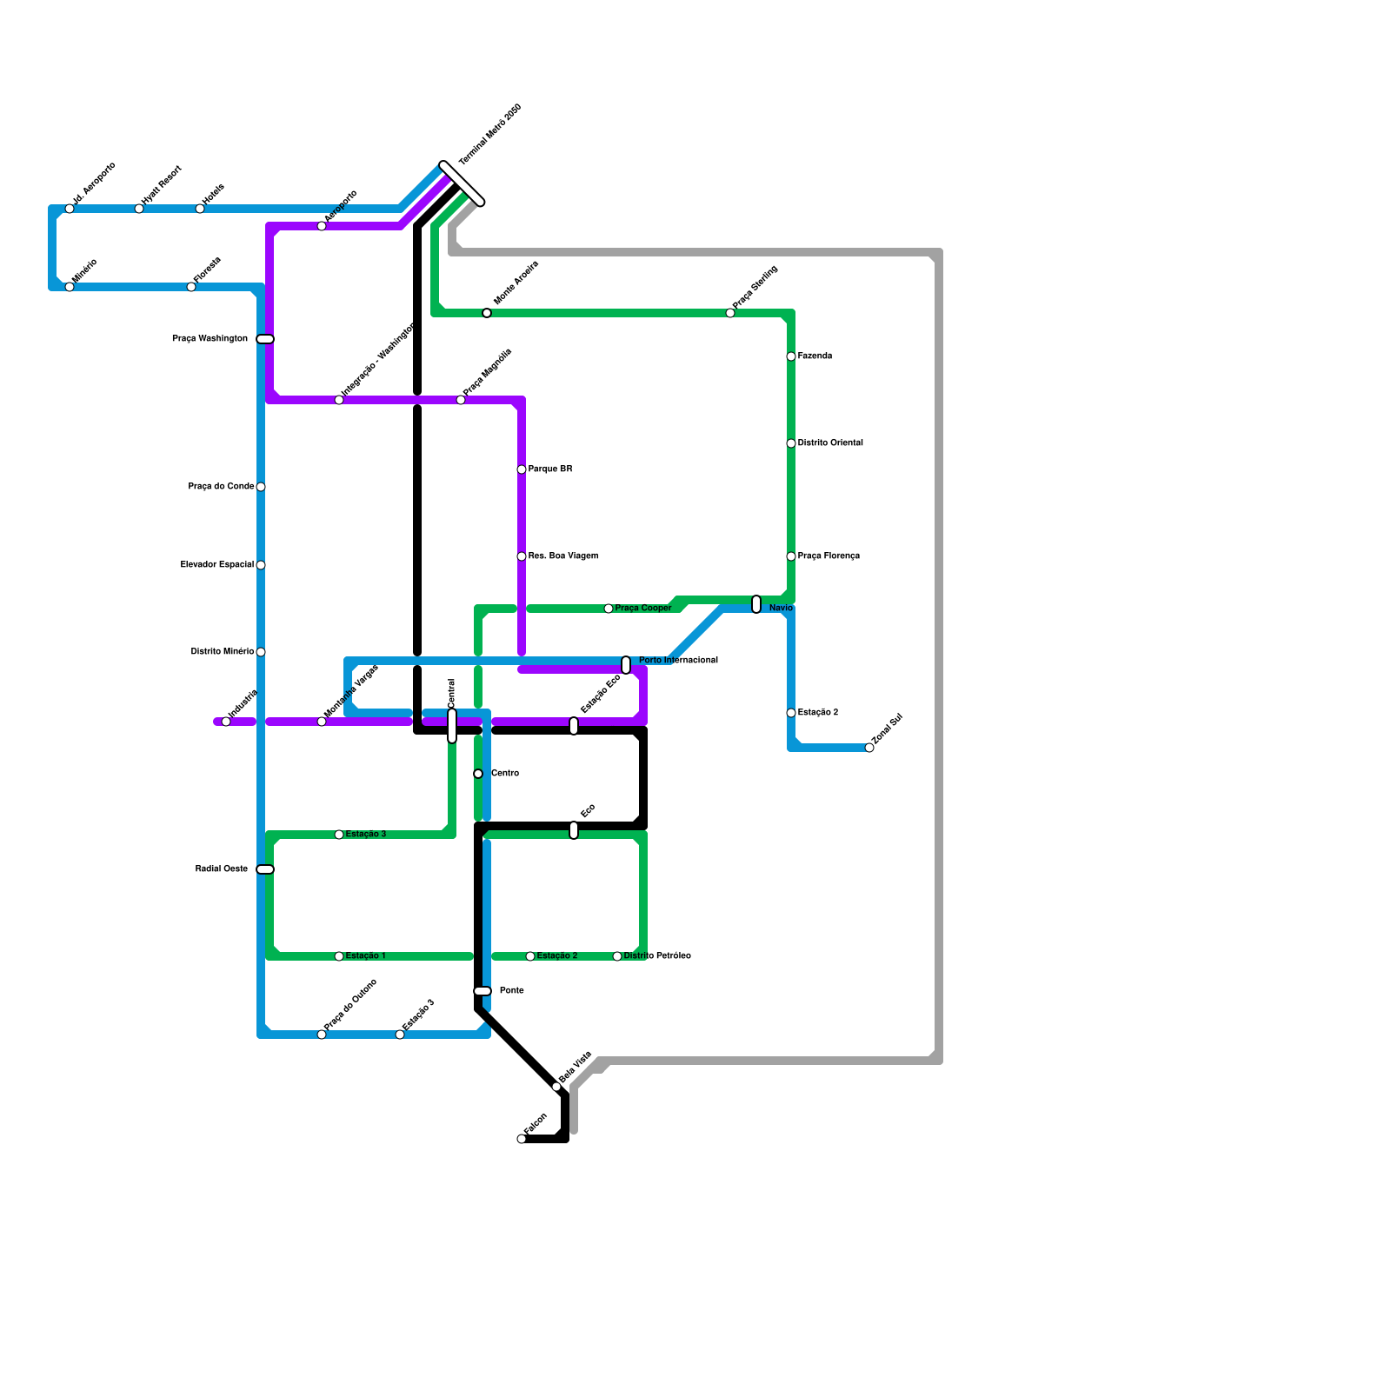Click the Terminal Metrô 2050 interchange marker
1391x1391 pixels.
[462, 183]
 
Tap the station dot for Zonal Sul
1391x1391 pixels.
[869, 748]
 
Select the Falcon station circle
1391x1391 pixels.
[522, 1139]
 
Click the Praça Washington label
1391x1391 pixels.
[210, 339]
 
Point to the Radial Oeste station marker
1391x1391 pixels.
[265, 869]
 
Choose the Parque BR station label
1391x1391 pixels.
[550, 469]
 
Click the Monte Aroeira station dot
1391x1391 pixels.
[487, 313]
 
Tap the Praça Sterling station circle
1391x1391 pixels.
[730, 313]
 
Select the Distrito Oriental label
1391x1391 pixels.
[830, 443]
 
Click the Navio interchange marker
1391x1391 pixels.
[756, 604]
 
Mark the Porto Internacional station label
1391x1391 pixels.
[678, 661]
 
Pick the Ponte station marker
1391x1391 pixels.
[483, 991]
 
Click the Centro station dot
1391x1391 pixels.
[478, 774]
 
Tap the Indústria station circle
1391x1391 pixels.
[226, 722]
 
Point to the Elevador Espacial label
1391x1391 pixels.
[217, 565]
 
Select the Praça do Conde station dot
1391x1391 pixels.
[261, 487]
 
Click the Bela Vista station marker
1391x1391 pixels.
[556, 1087]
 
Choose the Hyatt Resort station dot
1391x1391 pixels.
[139, 209]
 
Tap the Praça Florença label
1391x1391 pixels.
[829, 556]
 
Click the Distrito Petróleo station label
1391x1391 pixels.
[657, 956]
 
